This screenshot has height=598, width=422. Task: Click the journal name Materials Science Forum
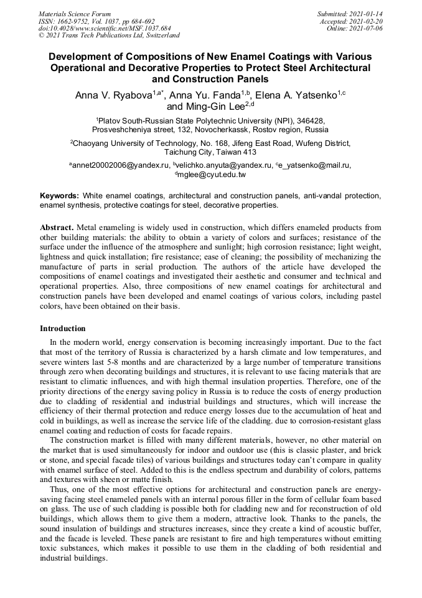(75, 13)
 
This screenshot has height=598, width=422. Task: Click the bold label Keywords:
(60, 195)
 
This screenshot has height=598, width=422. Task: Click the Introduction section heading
(63, 328)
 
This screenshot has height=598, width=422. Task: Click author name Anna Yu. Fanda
(206, 95)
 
